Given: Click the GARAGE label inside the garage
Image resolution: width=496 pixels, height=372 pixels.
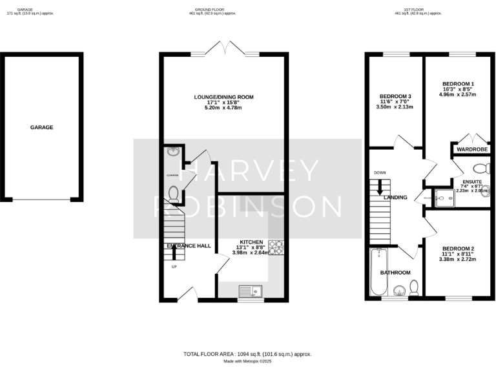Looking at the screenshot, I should (x=41, y=127).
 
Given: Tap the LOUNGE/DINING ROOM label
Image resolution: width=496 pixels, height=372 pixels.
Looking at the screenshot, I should (x=224, y=97).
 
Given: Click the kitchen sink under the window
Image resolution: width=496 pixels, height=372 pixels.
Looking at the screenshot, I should (x=248, y=291).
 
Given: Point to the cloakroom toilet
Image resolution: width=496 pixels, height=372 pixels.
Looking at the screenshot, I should (x=173, y=192).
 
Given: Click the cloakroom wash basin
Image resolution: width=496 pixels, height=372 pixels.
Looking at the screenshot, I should (x=172, y=152).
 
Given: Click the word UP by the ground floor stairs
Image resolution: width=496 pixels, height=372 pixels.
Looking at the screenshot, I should (x=174, y=266).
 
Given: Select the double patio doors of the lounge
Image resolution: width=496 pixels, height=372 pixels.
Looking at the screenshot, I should (x=224, y=49).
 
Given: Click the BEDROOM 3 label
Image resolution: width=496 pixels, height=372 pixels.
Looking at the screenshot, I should (x=395, y=96).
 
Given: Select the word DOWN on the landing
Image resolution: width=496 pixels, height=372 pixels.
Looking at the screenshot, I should (x=378, y=173).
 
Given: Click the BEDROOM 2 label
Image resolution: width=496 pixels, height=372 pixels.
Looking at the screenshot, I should (x=459, y=249).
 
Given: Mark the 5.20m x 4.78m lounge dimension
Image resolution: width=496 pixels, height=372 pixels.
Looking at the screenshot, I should (x=224, y=107).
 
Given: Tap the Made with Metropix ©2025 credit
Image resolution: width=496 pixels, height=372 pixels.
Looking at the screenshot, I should (x=247, y=362).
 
